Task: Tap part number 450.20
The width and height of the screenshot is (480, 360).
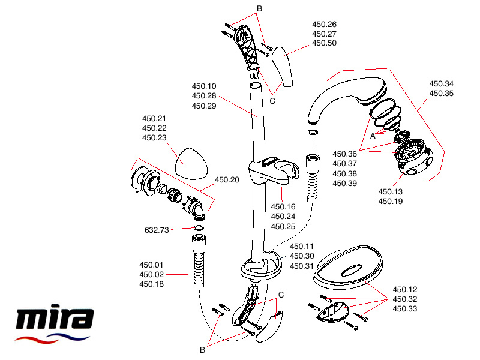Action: coord(226,179)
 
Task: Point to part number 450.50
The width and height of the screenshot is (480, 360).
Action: coord(324,44)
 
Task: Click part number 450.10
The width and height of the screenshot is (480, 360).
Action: coord(204,86)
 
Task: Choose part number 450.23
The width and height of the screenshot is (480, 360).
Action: coord(154,138)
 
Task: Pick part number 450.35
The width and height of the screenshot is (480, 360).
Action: coord(441,94)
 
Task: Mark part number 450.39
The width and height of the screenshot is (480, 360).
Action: coord(344,183)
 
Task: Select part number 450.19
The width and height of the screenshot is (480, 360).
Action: coord(390,202)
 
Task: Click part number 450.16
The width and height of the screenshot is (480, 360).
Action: coord(283,206)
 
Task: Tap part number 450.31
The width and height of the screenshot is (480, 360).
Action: coord(302,266)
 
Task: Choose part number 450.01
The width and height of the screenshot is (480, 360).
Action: coord(151,265)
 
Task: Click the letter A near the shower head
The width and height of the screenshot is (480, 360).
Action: coord(373,136)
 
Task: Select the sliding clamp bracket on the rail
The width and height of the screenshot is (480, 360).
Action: coord(273,171)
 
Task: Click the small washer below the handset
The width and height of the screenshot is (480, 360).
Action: coord(313,132)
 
